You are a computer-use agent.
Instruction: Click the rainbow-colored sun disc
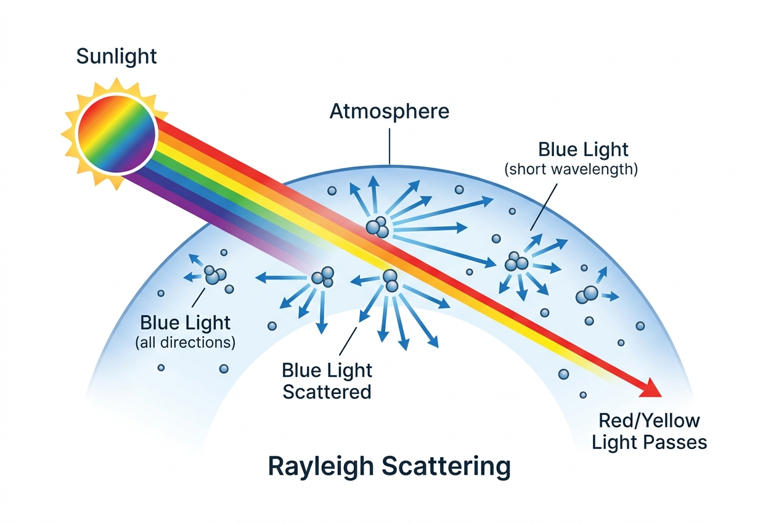pyautogui.click(x=116, y=134)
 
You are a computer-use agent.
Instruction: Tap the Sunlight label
pyautogui.click(x=116, y=56)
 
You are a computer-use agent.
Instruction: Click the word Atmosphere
pyautogui.click(x=389, y=112)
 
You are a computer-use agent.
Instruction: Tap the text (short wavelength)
pyautogui.click(x=571, y=170)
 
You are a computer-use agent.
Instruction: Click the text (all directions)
pyautogui.click(x=186, y=342)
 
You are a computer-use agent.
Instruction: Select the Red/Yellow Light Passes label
pyautogui.click(x=650, y=432)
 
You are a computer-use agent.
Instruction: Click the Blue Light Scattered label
pyautogui.click(x=327, y=381)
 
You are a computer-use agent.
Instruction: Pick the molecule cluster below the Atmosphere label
pyautogui.click(x=377, y=227)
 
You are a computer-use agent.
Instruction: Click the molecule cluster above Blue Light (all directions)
pyautogui.click(x=215, y=274)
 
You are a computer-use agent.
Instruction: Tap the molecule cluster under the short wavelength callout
pyautogui.click(x=516, y=261)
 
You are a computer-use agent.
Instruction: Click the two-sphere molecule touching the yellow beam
pyautogui.click(x=390, y=281)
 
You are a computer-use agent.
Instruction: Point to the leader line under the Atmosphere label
pyautogui.click(x=389, y=146)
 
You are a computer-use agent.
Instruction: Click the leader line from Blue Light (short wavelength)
pyautogui.click(x=544, y=207)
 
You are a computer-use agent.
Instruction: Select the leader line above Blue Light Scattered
pyautogui.click(x=348, y=341)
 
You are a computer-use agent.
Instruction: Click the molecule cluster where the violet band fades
pyautogui.click(x=323, y=277)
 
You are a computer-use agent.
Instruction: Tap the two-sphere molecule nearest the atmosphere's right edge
pyautogui.click(x=587, y=295)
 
